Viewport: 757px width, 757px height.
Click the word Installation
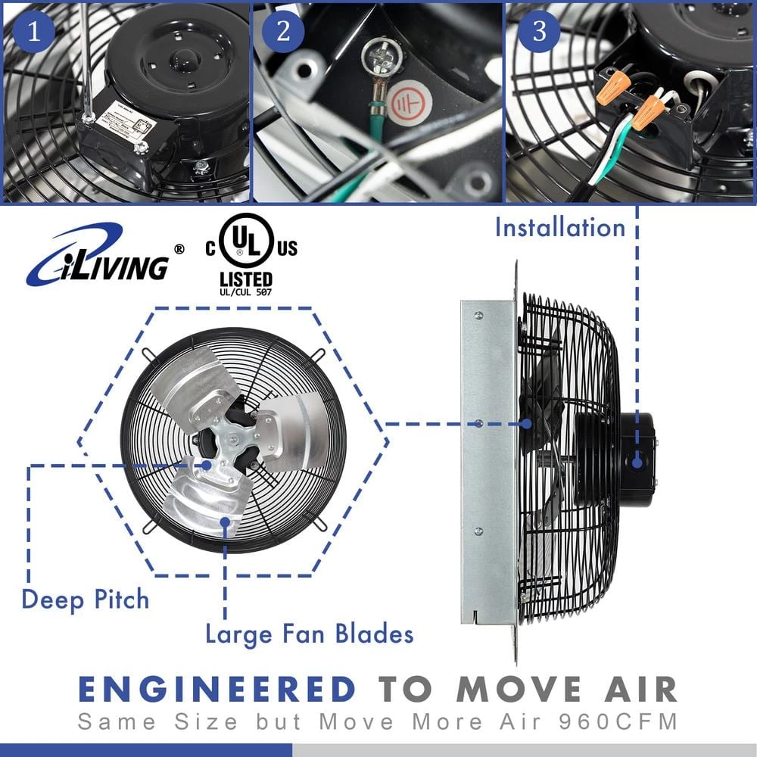pos(560,227)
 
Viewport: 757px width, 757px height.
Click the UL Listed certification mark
pos(246,257)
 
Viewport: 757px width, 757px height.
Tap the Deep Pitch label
pos(85,600)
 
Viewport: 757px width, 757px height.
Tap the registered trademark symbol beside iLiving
pos(179,248)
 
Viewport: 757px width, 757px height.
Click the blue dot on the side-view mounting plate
pos(478,423)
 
